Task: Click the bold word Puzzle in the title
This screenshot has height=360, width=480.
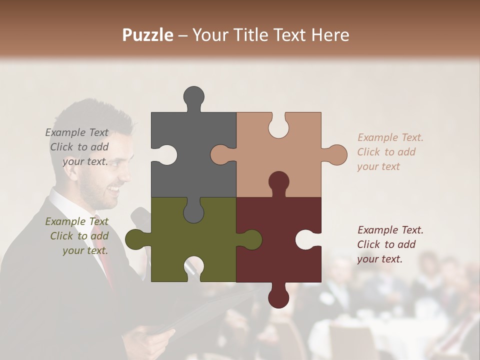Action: click(x=148, y=35)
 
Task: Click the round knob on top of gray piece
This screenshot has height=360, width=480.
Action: click(x=193, y=96)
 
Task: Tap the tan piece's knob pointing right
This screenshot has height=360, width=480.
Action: click(x=336, y=154)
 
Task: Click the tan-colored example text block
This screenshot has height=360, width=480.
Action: click(x=390, y=152)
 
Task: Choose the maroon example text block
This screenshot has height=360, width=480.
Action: click(x=390, y=244)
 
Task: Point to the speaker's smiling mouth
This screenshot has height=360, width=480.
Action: click(x=114, y=190)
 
